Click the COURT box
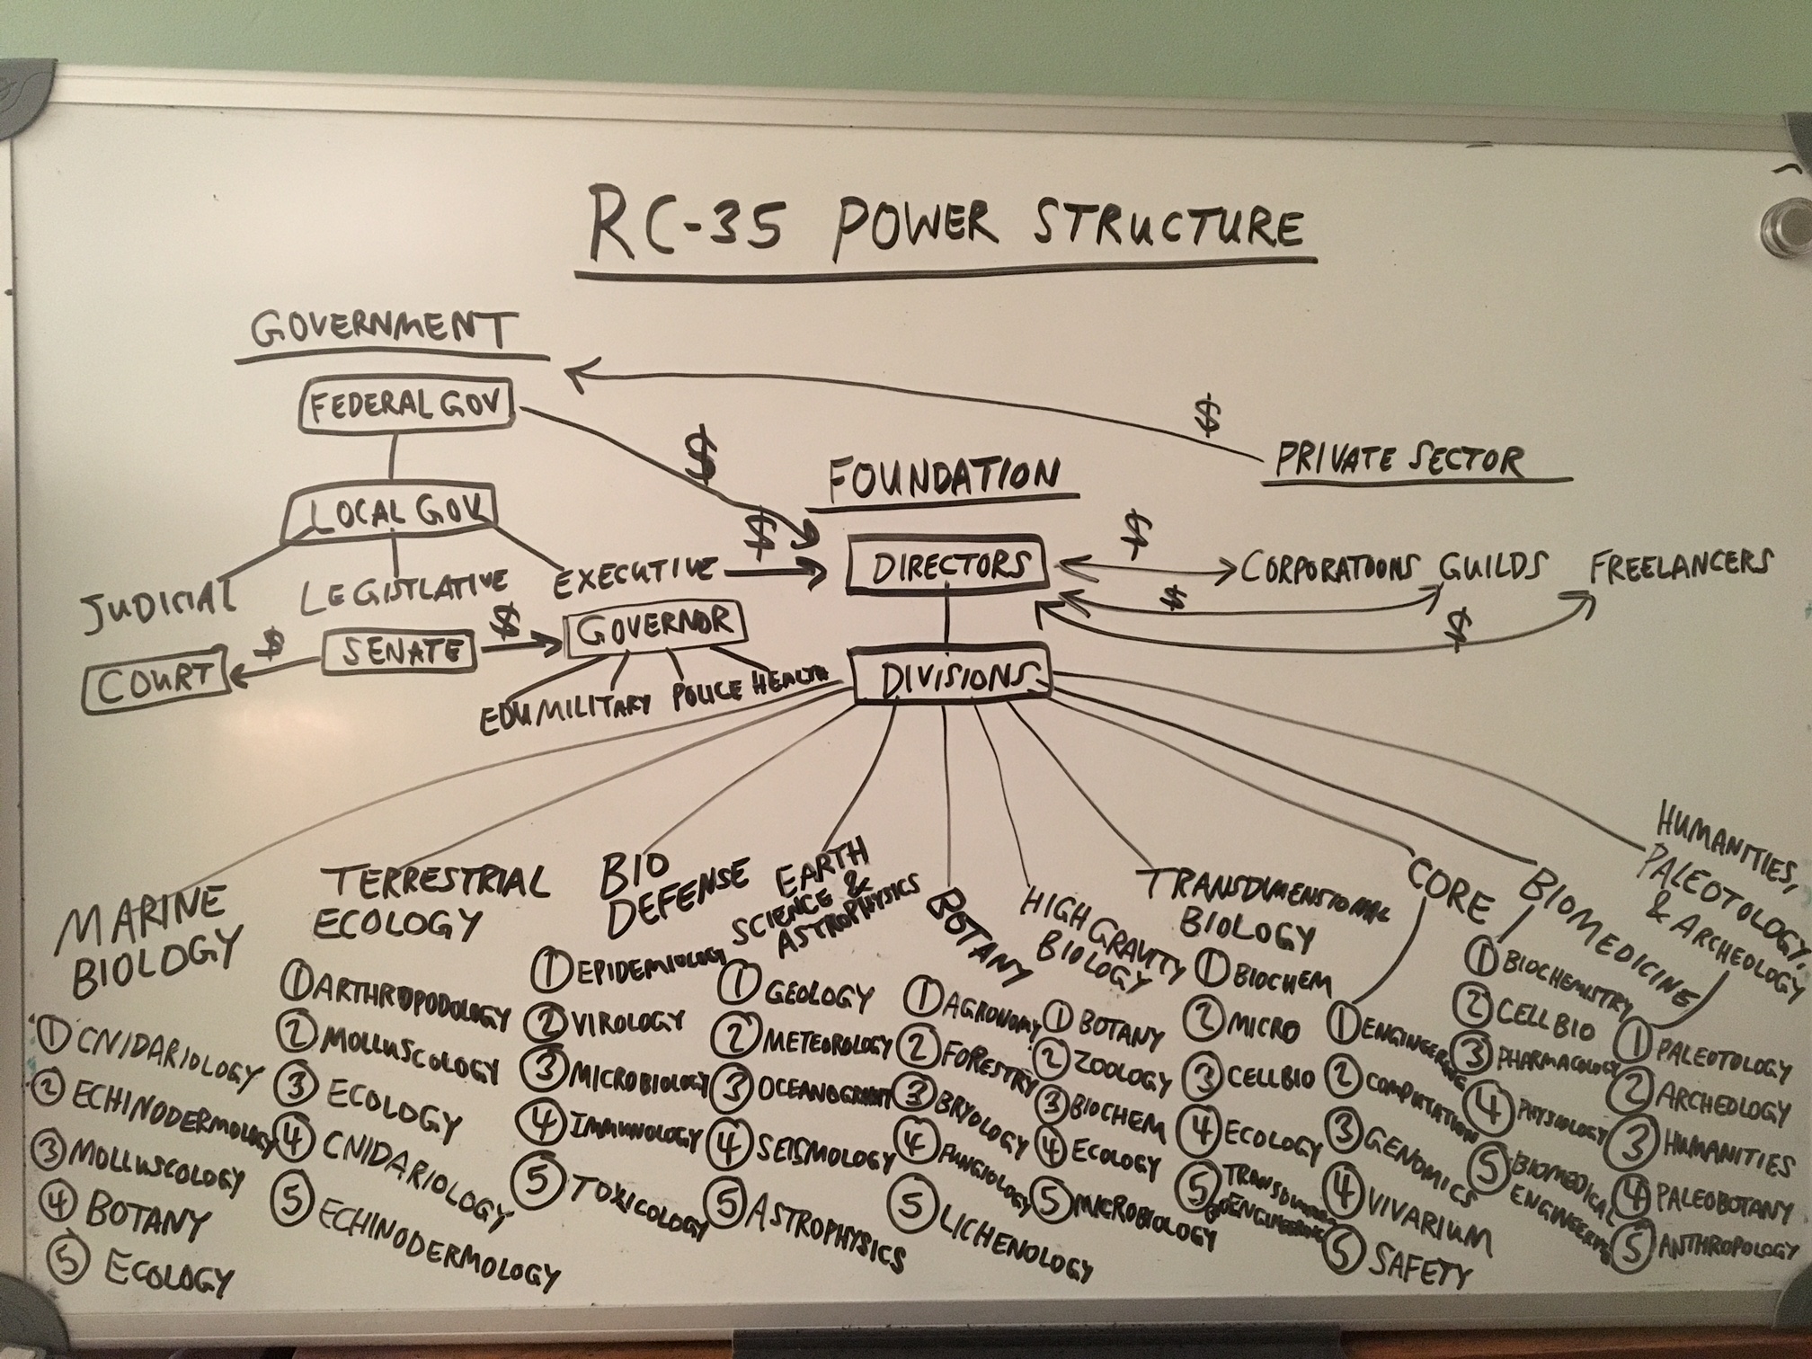tap(154, 688)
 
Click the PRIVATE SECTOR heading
tap(1399, 461)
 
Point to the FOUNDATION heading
tap(944, 478)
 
